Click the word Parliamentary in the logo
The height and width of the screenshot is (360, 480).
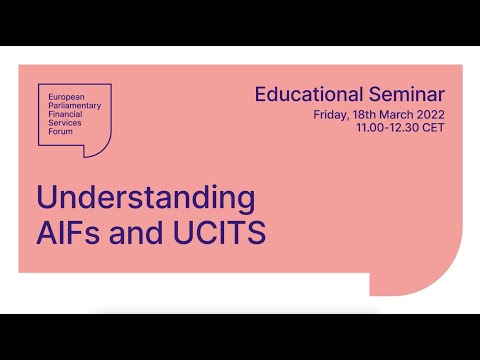pos(74,100)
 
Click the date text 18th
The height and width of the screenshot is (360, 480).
pos(366,115)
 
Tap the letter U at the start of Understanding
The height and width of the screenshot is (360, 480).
pos(46,195)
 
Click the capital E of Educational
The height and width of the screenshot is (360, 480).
pos(260,96)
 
